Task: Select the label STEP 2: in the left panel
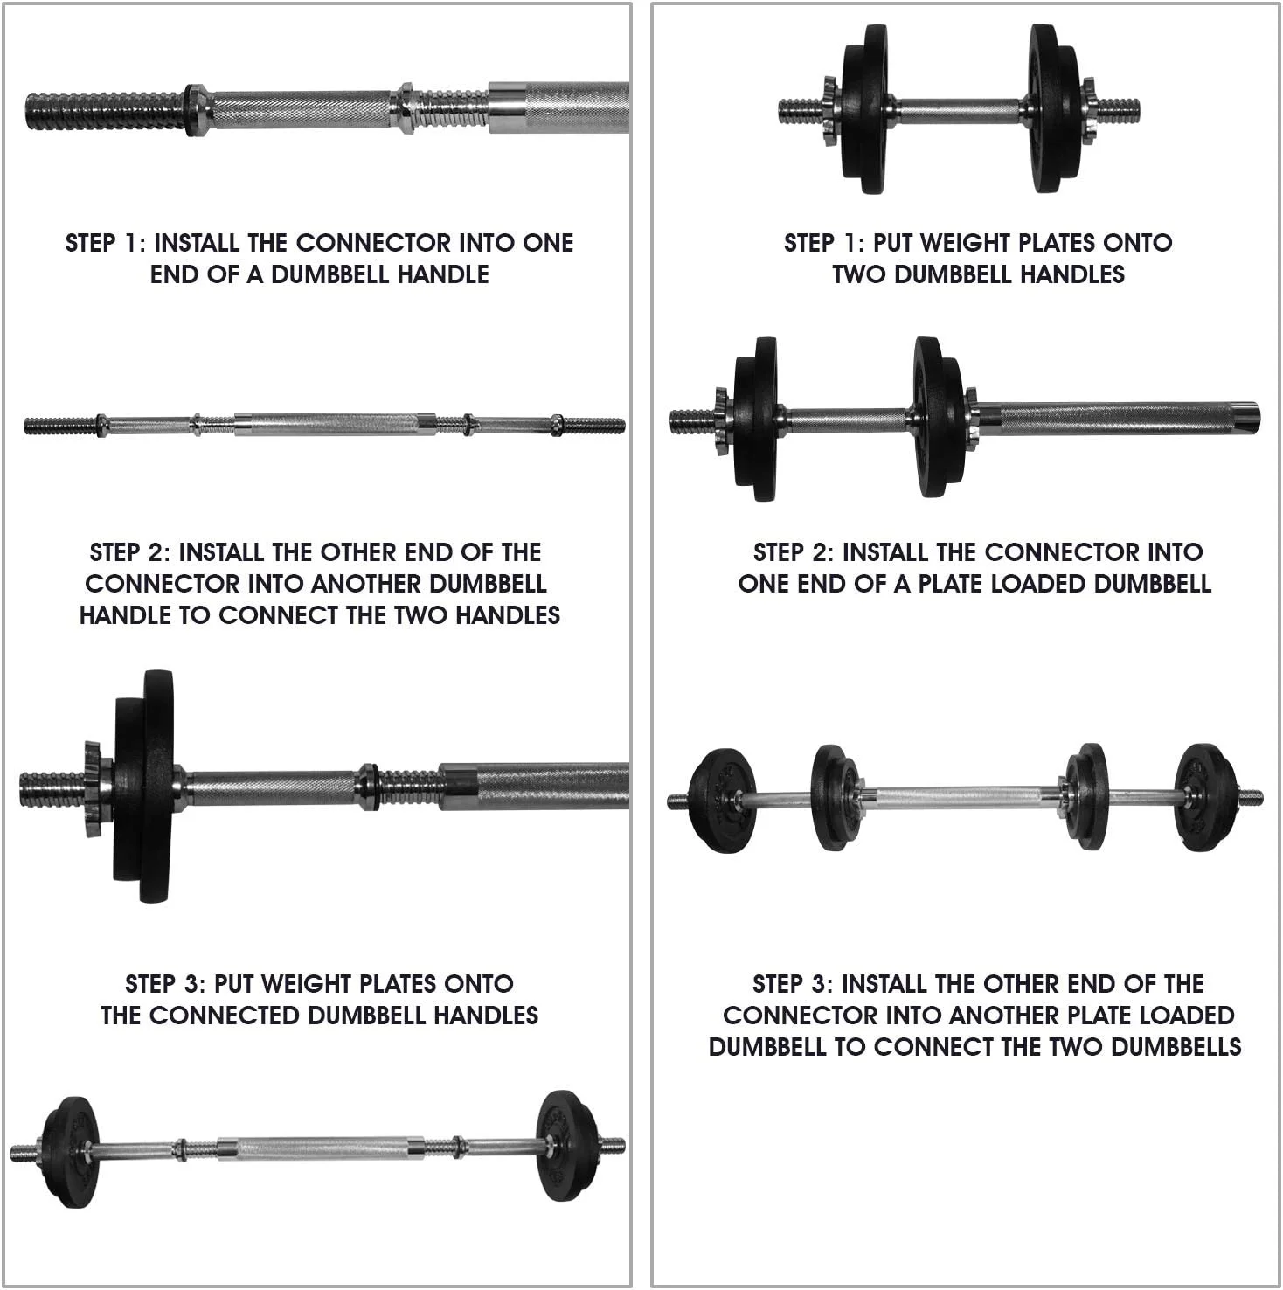click(x=130, y=552)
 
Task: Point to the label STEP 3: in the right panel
click(x=793, y=984)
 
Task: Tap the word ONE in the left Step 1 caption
click(x=548, y=243)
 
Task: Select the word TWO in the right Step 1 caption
click(x=860, y=274)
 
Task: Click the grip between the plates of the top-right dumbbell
click(x=958, y=111)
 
